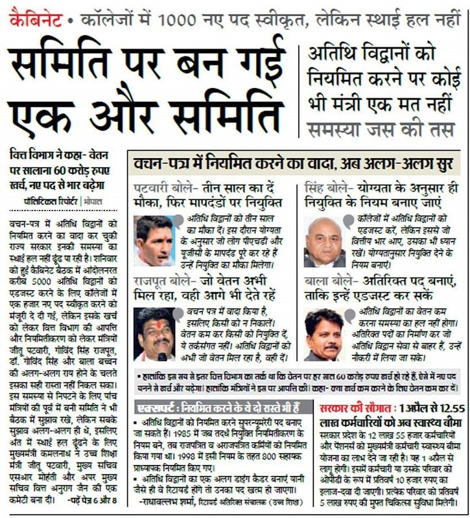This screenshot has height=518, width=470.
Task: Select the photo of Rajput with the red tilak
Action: (x=156, y=333)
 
